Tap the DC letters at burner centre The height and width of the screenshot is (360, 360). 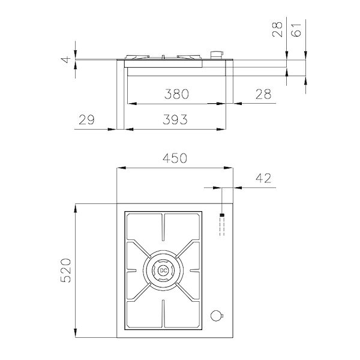coord(163,271)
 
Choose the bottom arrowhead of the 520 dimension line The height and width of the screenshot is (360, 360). coord(76,334)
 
